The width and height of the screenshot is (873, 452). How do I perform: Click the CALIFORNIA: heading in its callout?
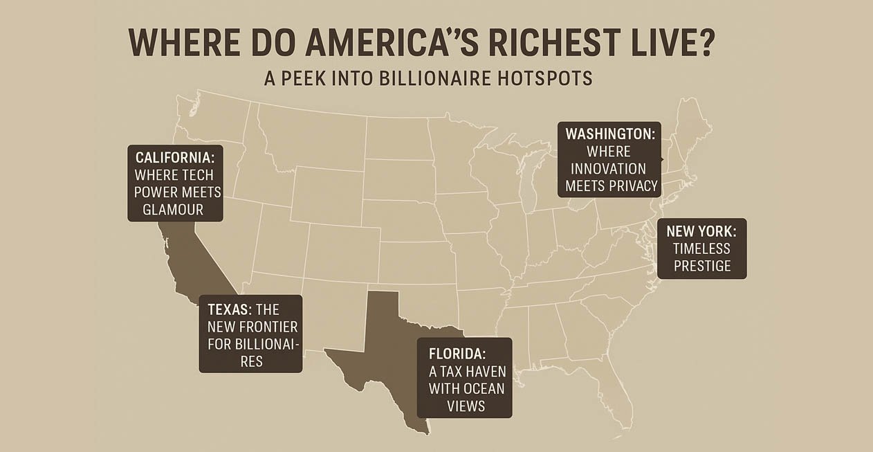(175, 158)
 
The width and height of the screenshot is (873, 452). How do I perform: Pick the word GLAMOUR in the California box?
(175, 209)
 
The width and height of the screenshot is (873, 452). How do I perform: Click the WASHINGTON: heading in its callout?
(609, 134)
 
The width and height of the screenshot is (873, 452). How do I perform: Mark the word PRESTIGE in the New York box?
(701, 266)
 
